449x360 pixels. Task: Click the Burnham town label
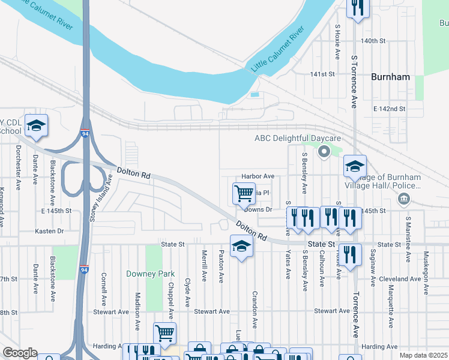[x=390, y=77]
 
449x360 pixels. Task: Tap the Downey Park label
[x=150, y=274]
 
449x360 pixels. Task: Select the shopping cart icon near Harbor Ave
[x=244, y=193]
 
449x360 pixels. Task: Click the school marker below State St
[x=241, y=247]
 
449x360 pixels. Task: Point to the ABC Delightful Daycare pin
[x=324, y=151]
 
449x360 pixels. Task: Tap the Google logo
[x=20, y=353]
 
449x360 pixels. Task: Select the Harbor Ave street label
[x=258, y=176]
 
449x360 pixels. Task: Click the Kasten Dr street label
[x=49, y=231]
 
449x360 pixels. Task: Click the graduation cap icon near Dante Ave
[x=36, y=125]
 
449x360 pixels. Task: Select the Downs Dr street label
[x=259, y=210]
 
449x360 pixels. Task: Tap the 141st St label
[x=322, y=74]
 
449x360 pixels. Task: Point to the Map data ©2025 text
[x=424, y=355]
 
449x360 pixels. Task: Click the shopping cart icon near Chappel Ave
[x=164, y=332]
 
